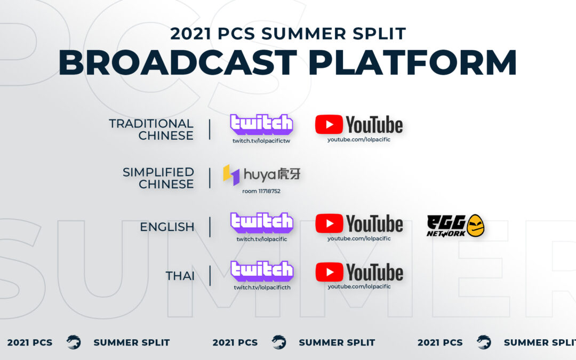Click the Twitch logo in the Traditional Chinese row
tap(261, 124)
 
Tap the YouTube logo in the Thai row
tap(359, 272)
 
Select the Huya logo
tap(261, 174)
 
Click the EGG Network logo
tap(455, 226)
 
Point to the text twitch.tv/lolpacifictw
tap(261, 141)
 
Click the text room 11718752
tap(261, 191)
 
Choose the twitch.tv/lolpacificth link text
tap(262, 287)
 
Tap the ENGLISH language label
tap(167, 227)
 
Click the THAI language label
tap(180, 276)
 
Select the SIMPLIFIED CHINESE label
tap(158, 178)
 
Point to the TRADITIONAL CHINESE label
tap(151, 129)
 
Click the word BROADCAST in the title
tap(178, 62)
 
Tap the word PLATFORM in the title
tap(412, 62)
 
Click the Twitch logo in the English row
tap(261, 222)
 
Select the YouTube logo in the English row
tap(359, 223)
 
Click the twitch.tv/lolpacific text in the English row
tap(261, 239)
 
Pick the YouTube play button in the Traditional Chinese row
tap(329, 124)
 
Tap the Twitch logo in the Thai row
tap(261, 271)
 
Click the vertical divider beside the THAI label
tap(210, 276)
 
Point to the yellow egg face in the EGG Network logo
tap(475, 226)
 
